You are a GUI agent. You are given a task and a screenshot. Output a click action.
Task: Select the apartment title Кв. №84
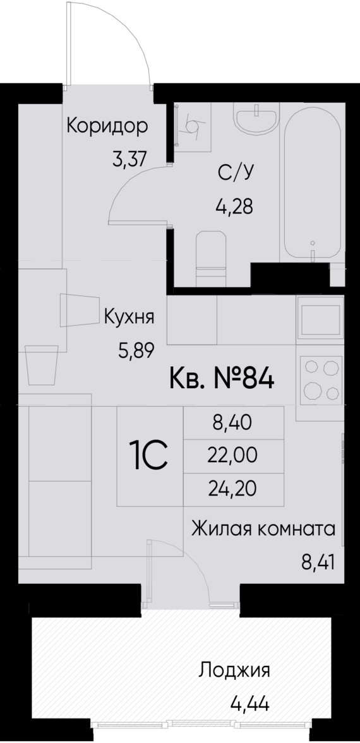[221, 380]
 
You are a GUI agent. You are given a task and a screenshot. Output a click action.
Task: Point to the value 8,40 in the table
[232, 424]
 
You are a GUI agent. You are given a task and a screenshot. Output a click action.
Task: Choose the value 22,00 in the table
[232, 456]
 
